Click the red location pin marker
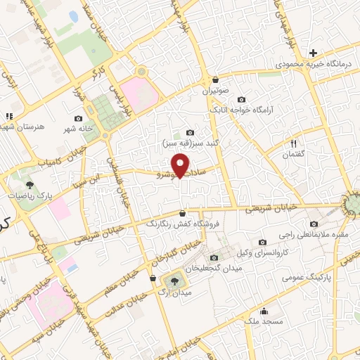point(182,164)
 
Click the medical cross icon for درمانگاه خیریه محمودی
point(313,53)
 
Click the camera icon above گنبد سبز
point(190,132)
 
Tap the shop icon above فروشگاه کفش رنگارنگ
point(183,212)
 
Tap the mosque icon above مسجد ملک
point(264,311)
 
